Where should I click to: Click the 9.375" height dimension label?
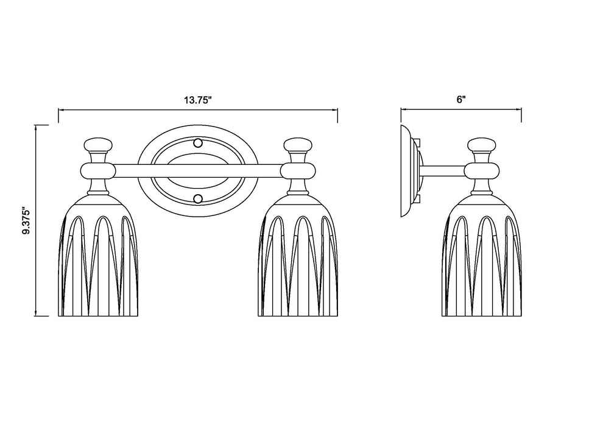tap(26, 221)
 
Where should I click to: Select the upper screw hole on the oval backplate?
tap(197, 144)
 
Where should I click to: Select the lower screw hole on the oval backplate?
tap(197, 199)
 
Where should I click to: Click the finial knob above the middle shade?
tap(298, 145)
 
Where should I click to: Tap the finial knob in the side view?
tap(481, 145)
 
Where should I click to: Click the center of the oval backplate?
tap(197, 172)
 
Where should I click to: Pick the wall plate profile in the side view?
tap(405, 172)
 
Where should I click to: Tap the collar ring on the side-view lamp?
tap(481, 170)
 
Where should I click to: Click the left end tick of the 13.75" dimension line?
tap(58, 110)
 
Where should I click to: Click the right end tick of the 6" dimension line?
tap(521, 110)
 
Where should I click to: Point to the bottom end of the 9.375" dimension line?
tap(37, 316)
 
